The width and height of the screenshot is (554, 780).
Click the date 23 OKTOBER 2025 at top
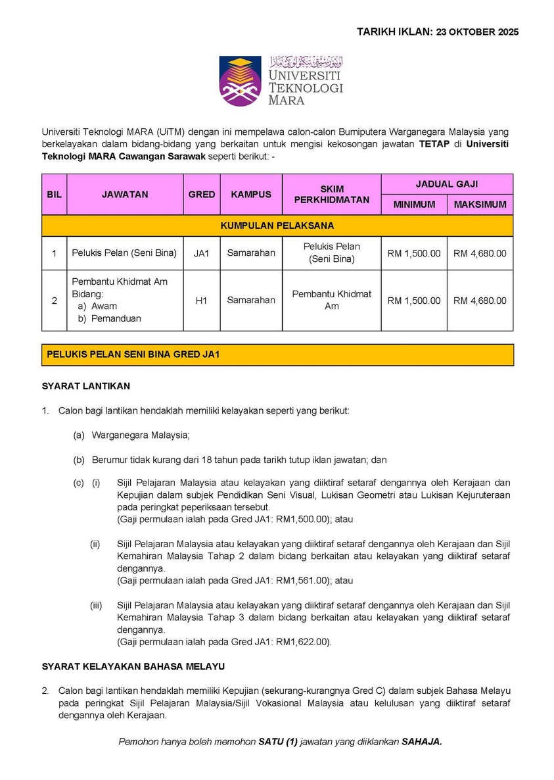[477, 32]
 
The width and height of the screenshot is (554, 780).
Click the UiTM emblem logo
[241, 81]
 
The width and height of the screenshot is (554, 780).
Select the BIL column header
[54, 194]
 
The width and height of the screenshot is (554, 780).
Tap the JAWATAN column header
[125, 194]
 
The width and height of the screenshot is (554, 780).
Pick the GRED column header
[202, 194]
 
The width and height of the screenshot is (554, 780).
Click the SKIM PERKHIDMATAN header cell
[332, 194]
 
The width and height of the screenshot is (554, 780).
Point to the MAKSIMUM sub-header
[480, 205]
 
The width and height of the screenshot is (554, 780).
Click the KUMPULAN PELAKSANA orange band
[277, 226]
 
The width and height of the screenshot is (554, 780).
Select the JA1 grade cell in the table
[202, 253]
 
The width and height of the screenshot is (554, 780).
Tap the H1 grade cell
[202, 300]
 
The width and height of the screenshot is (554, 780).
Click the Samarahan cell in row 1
[251, 253]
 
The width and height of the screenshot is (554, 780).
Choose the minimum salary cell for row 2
[414, 301]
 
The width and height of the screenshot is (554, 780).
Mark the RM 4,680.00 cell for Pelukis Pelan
[480, 253]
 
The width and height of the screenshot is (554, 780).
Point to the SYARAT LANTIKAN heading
[86, 386]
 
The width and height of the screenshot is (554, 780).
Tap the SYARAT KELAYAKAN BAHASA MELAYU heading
[133, 666]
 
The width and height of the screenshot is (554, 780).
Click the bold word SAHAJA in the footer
[423, 741]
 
